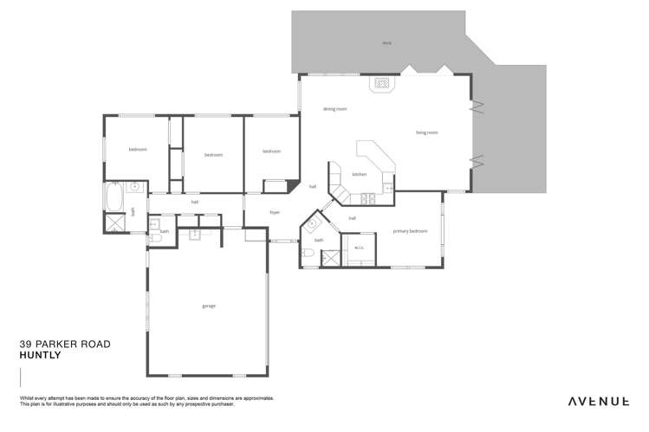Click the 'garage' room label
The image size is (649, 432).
click(209, 306)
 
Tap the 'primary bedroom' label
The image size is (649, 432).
click(410, 231)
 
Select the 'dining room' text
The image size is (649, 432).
click(334, 109)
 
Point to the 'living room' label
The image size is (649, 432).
click(426, 132)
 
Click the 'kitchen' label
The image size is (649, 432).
click(359, 174)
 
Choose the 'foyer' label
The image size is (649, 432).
click(275, 212)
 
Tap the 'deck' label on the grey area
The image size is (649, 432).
click(386, 42)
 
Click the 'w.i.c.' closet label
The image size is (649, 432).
click(359, 248)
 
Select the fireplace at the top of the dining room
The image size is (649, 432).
click(380, 84)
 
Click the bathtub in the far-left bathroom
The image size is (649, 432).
click(114, 198)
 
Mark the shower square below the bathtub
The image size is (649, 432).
click(114, 223)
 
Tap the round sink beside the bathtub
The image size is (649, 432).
click(135, 186)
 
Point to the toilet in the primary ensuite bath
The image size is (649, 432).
click(309, 254)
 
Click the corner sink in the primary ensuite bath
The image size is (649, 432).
click(312, 223)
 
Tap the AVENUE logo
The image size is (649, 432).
click(598, 402)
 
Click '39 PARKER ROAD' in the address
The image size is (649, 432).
click(65, 344)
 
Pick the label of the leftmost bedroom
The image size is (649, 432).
click(138, 150)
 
